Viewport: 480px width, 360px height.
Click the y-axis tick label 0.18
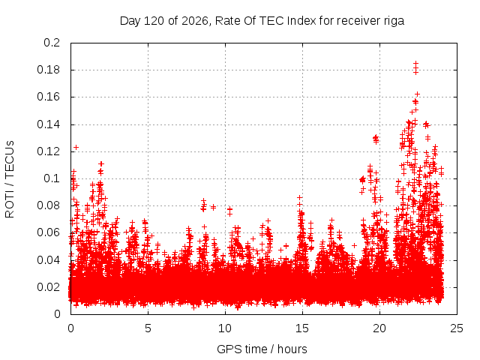pos(48,70)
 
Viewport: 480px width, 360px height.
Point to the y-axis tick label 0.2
pos(52,43)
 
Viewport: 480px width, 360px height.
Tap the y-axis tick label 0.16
pos(48,97)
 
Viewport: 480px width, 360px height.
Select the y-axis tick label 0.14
pos(48,124)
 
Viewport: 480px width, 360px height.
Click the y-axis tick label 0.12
pos(48,151)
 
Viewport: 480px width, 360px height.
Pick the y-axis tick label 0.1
pos(52,178)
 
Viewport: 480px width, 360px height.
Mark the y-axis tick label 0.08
pos(48,205)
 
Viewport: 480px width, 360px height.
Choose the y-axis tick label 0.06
pos(48,232)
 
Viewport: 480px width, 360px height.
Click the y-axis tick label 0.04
pos(48,260)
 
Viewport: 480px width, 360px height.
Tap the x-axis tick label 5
pos(148,328)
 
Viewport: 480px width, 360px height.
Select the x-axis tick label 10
pos(225,328)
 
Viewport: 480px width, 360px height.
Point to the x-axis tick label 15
pos(302,328)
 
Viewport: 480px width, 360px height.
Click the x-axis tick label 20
pos(379,328)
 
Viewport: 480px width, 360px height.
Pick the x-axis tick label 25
pos(457,328)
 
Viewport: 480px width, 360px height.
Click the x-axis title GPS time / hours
pos(262,349)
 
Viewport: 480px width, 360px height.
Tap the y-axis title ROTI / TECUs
pos(10,179)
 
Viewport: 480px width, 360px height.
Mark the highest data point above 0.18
pos(415,63)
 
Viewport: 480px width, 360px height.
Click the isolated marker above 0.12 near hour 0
pos(76,148)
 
